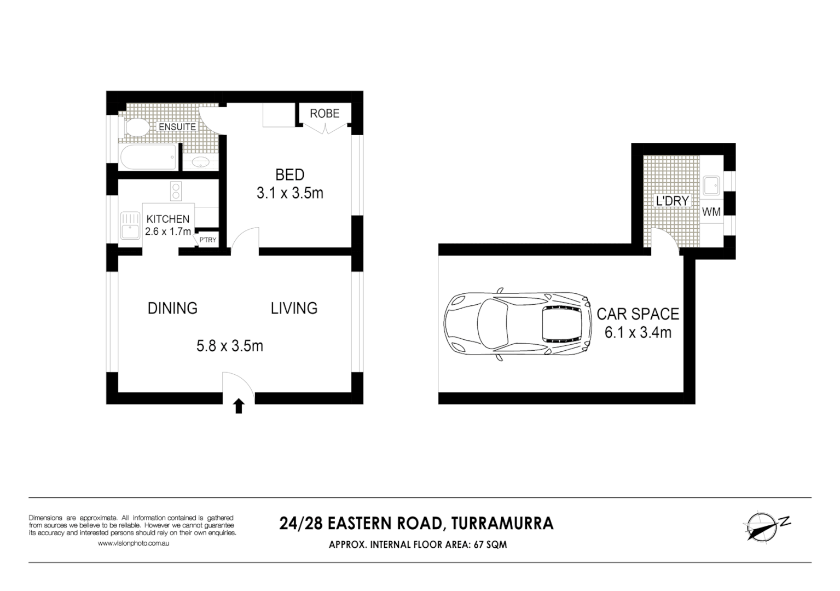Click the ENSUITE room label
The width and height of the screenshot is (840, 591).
pyautogui.click(x=177, y=126)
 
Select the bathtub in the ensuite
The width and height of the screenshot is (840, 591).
pyautogui.click(x=148, y=157)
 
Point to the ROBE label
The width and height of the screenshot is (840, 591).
pyautogui.click(x=325, y=113)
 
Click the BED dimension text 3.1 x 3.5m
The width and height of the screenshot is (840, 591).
pyautogui.click(x=289, y=193)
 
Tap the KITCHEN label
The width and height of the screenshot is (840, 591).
pyautogui.click(x=167, y=219)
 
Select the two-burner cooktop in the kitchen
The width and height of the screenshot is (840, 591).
pyautogui.click(x=176, y=192)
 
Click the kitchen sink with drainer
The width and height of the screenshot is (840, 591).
pyautogui.click(x=130, y=225)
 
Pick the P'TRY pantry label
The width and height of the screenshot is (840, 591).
pyautogui.click(x=207, y=240)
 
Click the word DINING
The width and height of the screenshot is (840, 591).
pyautogui.click(x=172, y=308)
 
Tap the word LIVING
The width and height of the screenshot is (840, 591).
pyautogui.click(x=294, y=308)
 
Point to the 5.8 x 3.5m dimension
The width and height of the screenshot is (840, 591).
pyautogui.click(x=229, y=346)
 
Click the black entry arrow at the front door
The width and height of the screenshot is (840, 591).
pyautogui.click(x=239, y=406)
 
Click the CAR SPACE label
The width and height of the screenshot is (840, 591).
pyautogui.click(x=638, y=314)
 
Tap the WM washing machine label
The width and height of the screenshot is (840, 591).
pyautogui.click(x=711, y=212)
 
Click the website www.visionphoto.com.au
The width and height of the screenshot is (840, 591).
pyautogui.click(x=133, y=543)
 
